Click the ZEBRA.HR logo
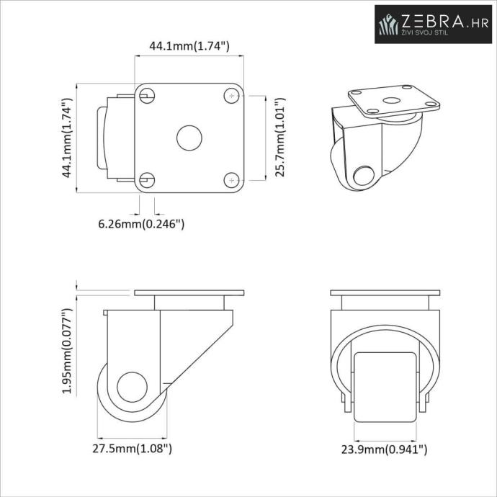point(433,24)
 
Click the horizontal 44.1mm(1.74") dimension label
point(189,46)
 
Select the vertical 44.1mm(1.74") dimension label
point(67,138)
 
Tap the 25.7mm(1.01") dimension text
point(280,138)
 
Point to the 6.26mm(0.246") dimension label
point(141,224)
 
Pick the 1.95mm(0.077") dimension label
point(67,351)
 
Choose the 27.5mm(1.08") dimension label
point(133,449)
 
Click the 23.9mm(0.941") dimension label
point(384,449)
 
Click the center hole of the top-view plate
point(189,138)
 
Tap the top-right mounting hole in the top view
point(232,96)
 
